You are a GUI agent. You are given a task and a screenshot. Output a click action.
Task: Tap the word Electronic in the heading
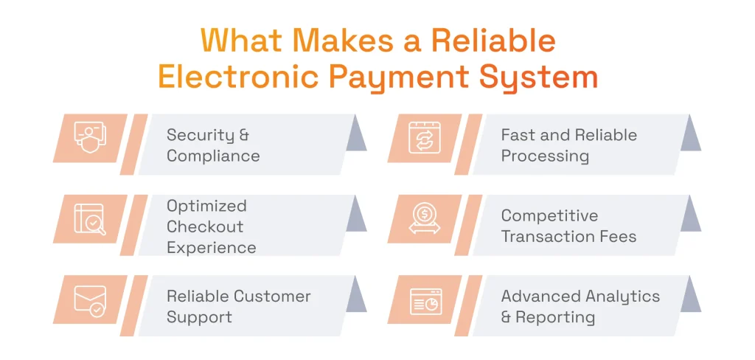pos(242,77)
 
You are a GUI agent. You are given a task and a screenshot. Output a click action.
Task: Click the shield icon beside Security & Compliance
pos(90,138)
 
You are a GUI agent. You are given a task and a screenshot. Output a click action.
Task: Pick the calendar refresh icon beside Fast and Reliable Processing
pos(424,138)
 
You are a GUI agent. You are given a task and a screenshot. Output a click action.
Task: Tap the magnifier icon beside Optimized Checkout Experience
pos(90,219)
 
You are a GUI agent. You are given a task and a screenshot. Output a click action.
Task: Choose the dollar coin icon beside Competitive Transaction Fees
pos(424,219)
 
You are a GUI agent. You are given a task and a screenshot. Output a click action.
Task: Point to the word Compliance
pos(213,156)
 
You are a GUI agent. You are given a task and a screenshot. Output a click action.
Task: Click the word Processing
pos(545,156)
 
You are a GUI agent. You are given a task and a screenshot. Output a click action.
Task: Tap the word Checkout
pos(205,226)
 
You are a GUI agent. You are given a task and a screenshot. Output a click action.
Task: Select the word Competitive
pos(549,216)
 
